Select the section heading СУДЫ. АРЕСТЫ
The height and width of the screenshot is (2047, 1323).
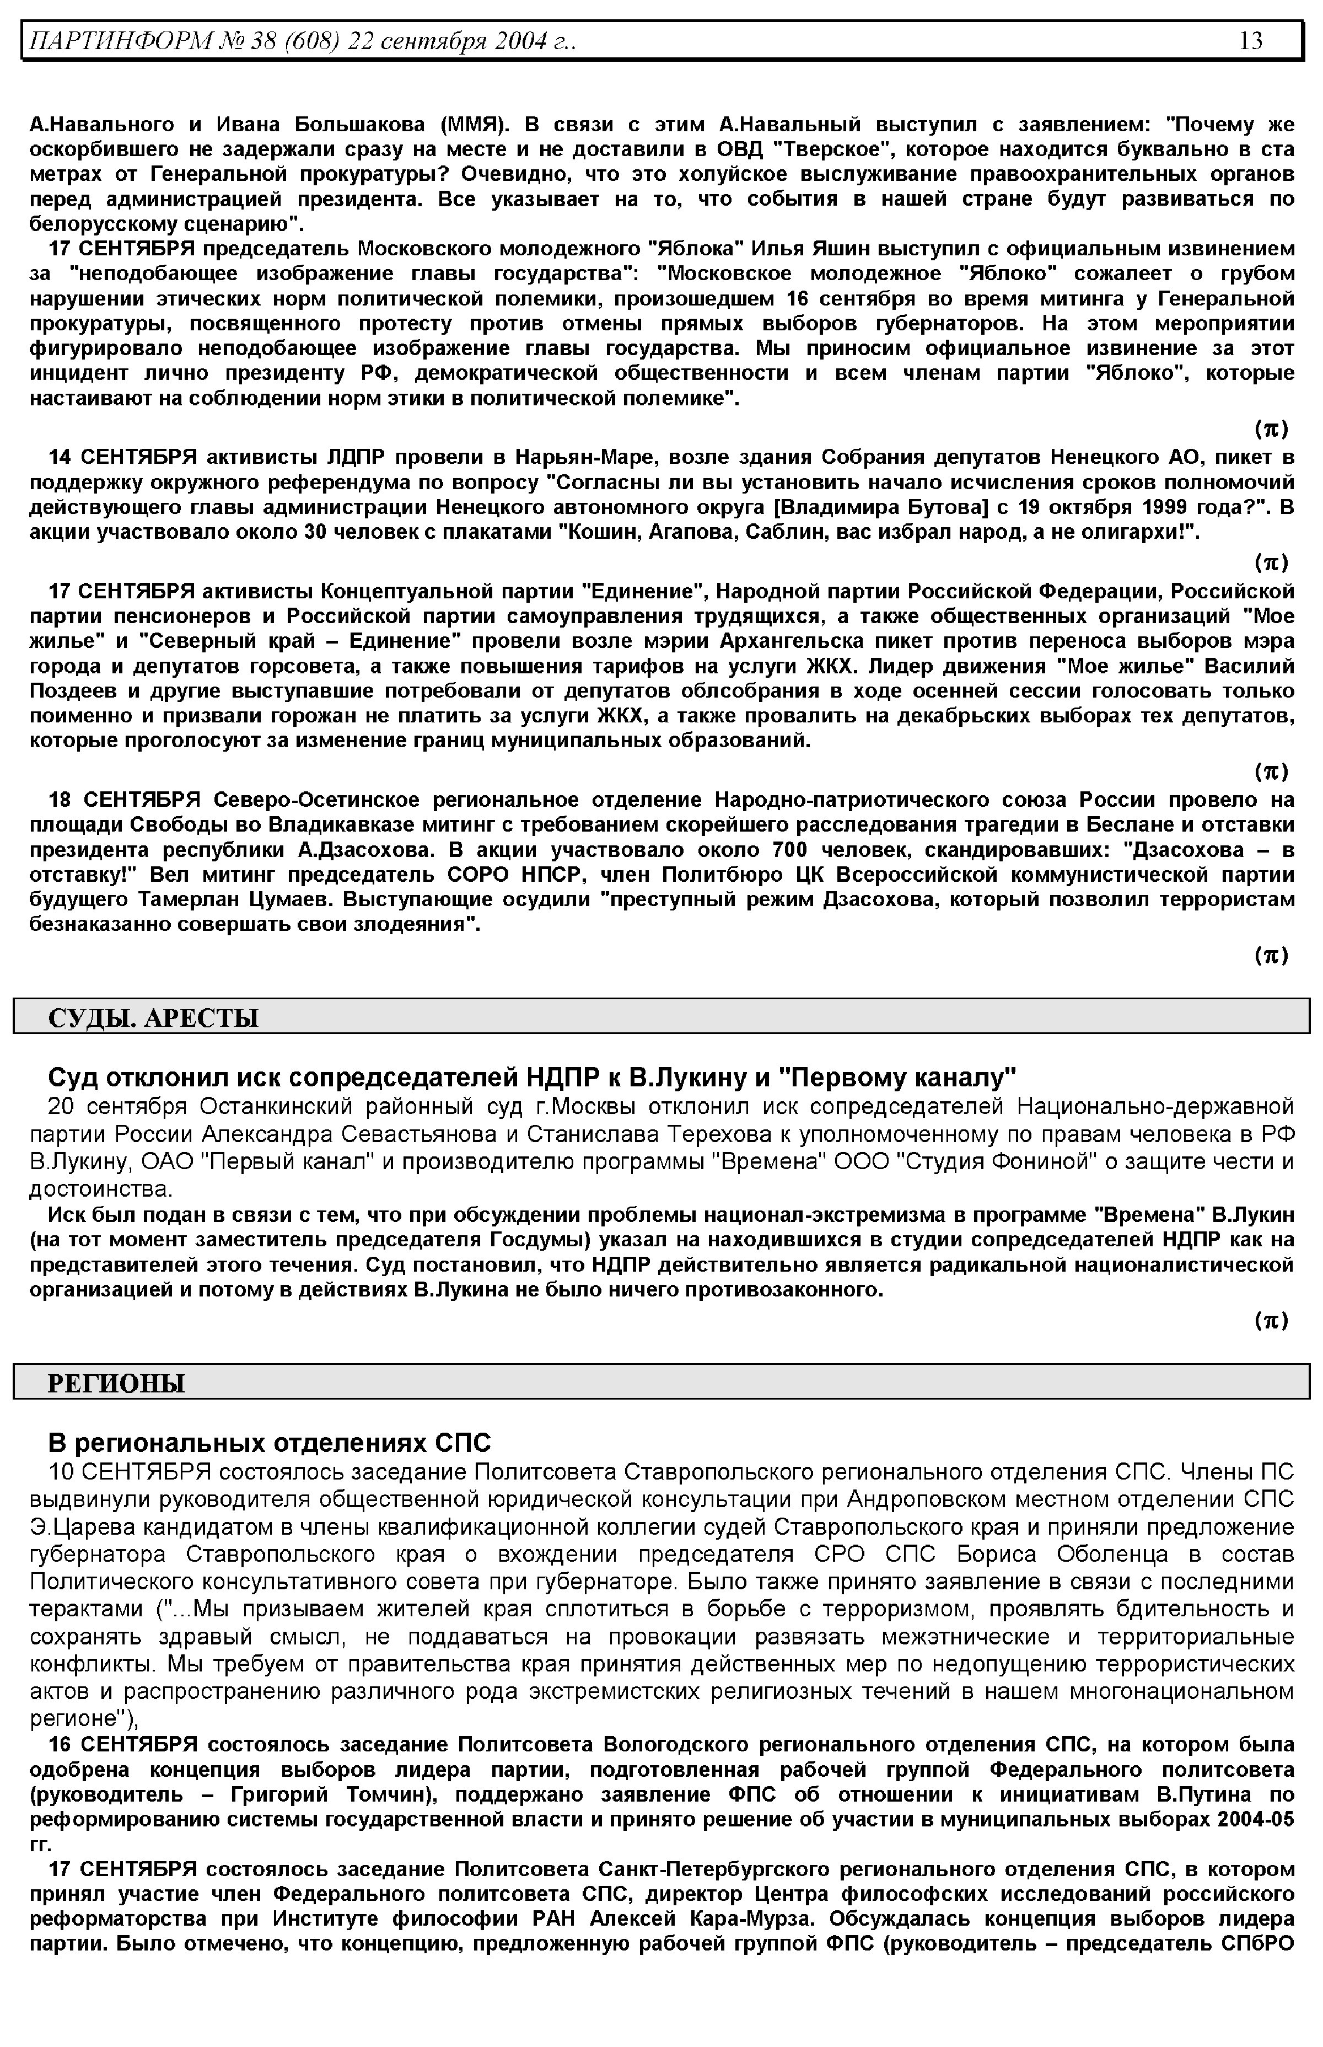click(153, 1019)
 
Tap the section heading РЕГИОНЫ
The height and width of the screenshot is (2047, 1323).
click(116, 1384)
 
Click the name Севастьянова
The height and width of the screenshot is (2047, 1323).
click(415, 1133)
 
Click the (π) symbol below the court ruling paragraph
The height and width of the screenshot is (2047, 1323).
click(1271, 1321)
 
